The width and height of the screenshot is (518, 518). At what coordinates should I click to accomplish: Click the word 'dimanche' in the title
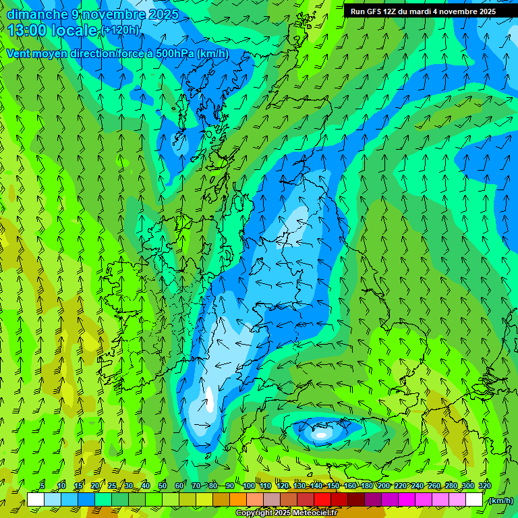[x=37, y=14]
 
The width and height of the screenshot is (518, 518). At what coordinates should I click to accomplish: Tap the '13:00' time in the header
[x=27, y=30]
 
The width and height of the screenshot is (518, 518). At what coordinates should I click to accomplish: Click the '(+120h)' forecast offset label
[x=120, y=30]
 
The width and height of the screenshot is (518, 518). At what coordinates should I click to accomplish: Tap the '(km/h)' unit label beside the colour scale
[x=500, y=500]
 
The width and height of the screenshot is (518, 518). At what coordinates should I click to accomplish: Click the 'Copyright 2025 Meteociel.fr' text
[x=286, y=513]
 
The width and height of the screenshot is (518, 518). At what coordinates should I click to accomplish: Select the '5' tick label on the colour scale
[x=42, y=486]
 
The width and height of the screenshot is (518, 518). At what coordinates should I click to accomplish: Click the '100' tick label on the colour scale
[x=249, y=486]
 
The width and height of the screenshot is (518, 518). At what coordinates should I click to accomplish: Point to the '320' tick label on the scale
[x=485, y=486]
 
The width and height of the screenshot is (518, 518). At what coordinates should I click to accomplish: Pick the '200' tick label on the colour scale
[x=384, y=486]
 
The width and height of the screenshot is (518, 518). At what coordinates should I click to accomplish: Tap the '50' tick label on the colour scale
[x=163, y=486]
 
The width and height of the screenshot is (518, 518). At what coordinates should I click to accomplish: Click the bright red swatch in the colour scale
[x=322, y=500]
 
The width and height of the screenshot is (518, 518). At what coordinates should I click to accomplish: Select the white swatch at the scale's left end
[x=36, y=500]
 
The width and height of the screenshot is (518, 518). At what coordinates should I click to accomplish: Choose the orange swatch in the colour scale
[x=238, y=500]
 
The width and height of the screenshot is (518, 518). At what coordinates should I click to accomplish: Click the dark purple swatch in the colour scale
[x=373, y=500]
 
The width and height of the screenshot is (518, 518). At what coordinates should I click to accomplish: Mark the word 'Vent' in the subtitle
[x=18, y=54]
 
